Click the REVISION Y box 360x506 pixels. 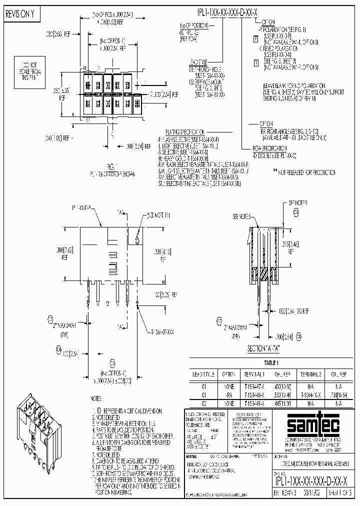click(20, 15)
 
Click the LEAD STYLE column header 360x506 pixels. click(204, 373)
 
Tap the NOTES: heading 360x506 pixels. click(97, 398)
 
